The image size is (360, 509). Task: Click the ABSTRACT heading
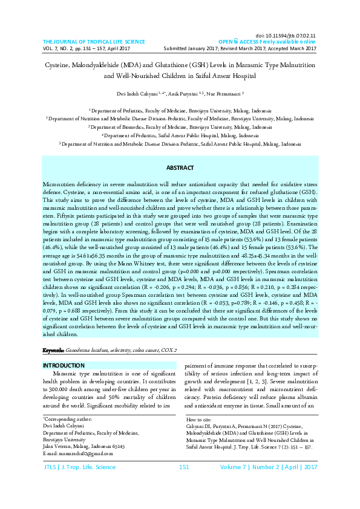pos(180,167)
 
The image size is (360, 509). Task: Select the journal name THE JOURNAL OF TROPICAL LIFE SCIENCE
pos(94,42)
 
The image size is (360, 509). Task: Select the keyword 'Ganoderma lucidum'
pos(88,350)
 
